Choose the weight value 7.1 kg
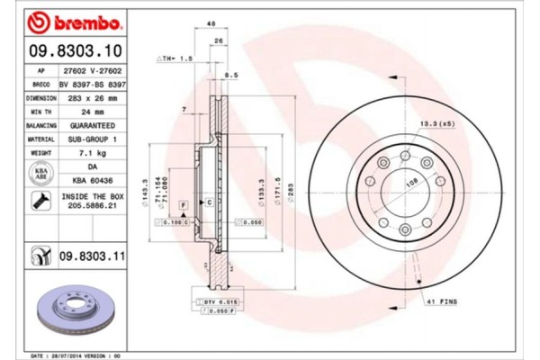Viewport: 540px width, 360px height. click(x=93, y=154)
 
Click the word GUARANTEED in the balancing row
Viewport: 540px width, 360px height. click(x=93, y=127)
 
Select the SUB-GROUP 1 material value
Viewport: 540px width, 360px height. click(x=93, y=140)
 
